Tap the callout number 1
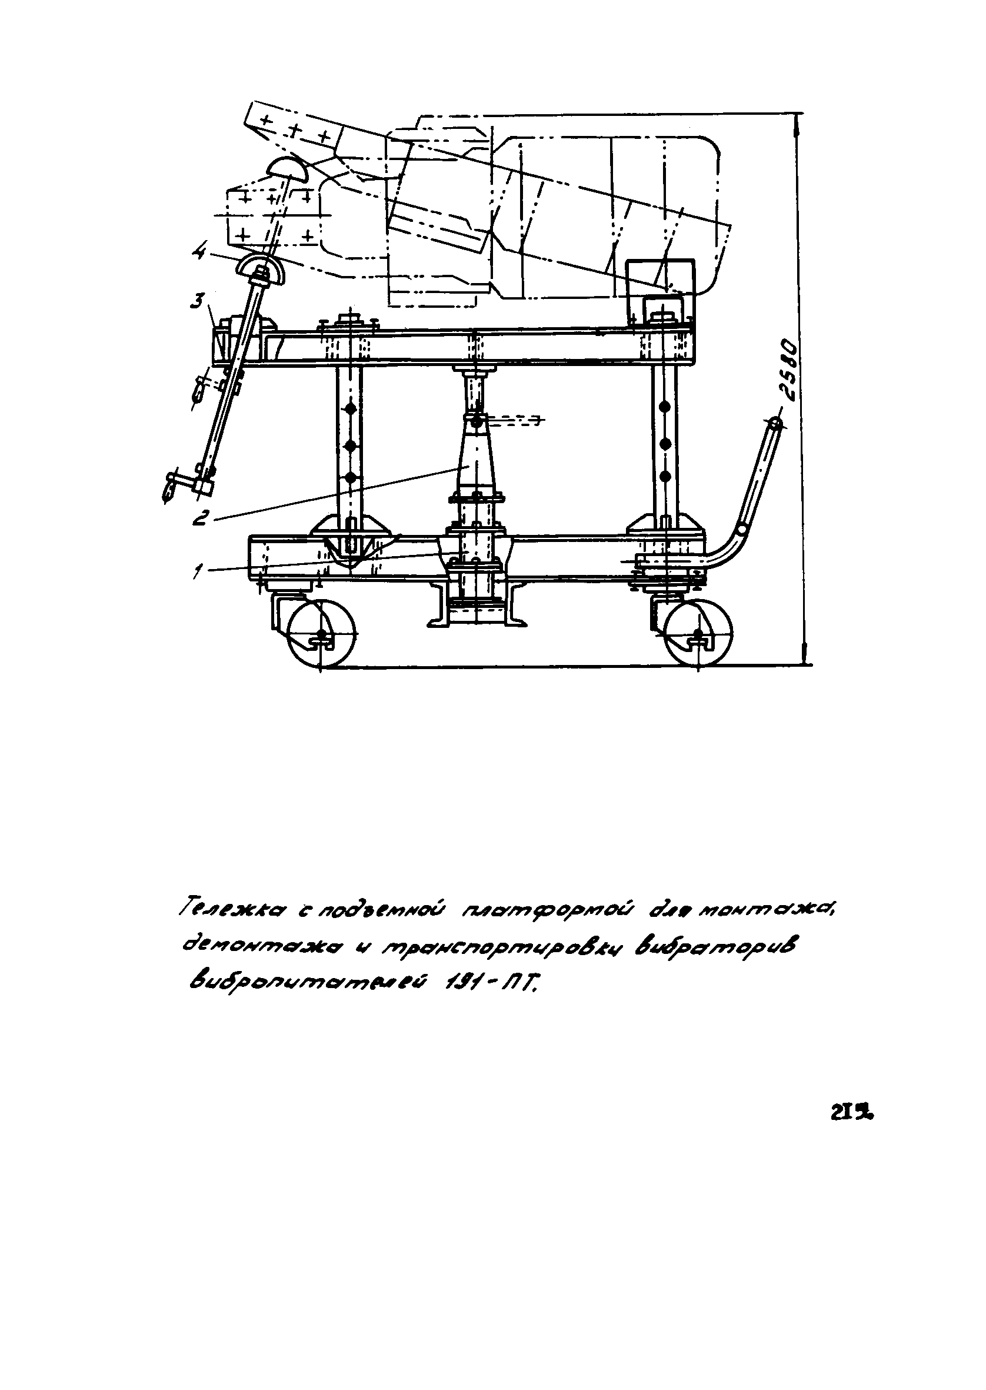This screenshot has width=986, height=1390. pyautogui.click(x=196, y=570)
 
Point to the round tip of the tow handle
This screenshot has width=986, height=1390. pyautogui.click(x=775, y=424)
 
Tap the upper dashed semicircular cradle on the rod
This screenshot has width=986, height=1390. pyautogui.click(x=287, y=167)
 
